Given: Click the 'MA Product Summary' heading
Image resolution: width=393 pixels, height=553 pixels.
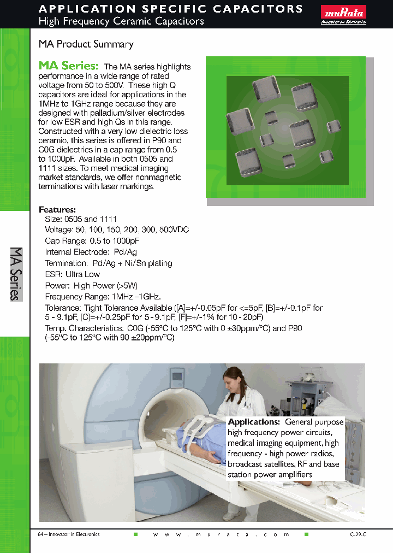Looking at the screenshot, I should click(x=86, y=44).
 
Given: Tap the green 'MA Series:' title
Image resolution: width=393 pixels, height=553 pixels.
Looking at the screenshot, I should click(x=69, y=66).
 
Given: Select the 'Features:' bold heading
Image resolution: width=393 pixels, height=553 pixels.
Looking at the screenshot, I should click(x=57, y=210).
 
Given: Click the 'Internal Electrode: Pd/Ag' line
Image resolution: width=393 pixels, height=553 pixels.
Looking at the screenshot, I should click(x=91, y=252).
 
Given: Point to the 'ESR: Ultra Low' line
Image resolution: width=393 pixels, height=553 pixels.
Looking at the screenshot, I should click(x=72, y=274).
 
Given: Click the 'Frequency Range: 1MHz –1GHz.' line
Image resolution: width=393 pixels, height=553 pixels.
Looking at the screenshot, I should click(x=103, y=297).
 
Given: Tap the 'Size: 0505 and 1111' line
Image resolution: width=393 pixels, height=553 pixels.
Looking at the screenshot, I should click(x=81, y=219).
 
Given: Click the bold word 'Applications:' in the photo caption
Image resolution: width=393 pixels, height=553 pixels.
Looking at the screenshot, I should click(x=254, y=422).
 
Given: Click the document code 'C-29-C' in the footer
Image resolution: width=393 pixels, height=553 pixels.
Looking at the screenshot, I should click(x=358, y=534).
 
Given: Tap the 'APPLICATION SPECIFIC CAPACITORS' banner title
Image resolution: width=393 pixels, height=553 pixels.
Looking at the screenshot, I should click(x=171, y=9).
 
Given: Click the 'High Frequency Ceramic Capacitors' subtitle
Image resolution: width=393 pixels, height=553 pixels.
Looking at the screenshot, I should click(x=121, y=21).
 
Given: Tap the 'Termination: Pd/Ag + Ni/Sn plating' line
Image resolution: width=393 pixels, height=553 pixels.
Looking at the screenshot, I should click(x=108, y=263).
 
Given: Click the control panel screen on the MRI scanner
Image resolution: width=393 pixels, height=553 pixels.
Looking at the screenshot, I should click(x=177, y=376).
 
